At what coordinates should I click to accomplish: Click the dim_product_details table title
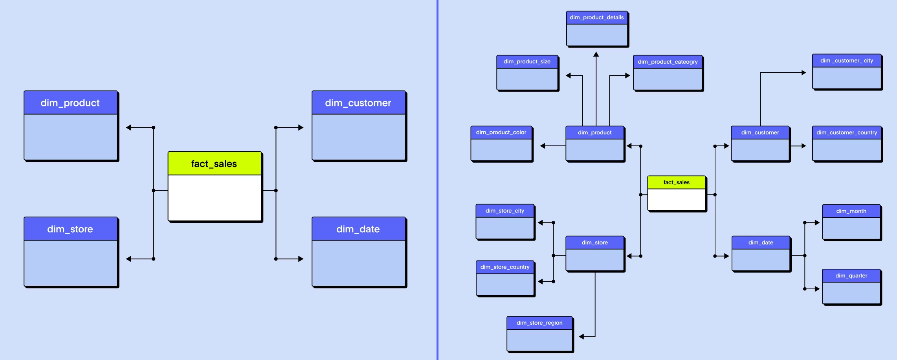point(596,18)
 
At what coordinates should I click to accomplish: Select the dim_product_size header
point(527,62)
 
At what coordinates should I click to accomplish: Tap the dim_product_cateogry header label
point(668,62)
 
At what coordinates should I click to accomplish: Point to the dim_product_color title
point(501,132)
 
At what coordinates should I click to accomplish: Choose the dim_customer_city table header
point(847,61)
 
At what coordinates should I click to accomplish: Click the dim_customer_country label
point(847,132)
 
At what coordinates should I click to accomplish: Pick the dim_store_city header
point(505,211)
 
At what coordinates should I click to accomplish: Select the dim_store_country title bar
point(505,267)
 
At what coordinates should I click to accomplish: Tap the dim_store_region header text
point(539,323)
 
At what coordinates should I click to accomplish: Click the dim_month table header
point(851,211)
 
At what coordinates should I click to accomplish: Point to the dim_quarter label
point(851,276)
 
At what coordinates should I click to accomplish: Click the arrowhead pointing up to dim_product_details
point(596,55)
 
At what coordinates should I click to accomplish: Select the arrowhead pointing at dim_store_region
point(582,336)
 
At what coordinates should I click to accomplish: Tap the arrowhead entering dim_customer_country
point(803,146)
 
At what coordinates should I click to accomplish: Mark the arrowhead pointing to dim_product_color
point(543,146)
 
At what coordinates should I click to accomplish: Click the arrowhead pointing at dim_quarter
point(817,289)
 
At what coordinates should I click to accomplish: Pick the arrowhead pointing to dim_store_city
point(541,223)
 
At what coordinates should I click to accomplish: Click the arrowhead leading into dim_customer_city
point(803,73)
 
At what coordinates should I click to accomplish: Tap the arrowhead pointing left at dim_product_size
point(569,76)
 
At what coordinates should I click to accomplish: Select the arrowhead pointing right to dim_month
point(817,223)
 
